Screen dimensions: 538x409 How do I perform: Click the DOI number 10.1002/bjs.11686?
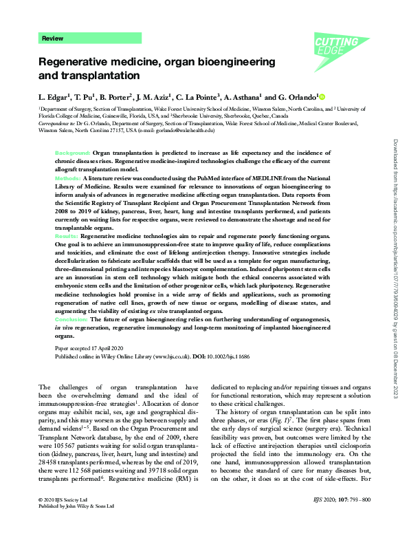coord(225,356)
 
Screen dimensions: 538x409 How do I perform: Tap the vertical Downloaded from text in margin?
coord(394,172)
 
